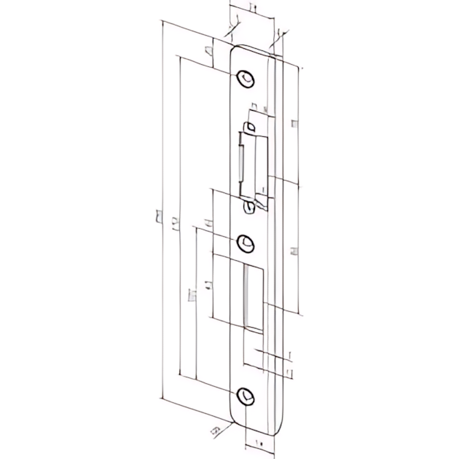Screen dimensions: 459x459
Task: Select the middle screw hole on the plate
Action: click(x=246, y=241)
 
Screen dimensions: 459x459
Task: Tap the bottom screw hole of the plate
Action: click(x=247, y=397)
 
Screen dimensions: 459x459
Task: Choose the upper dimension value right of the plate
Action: click(x=294, y=124)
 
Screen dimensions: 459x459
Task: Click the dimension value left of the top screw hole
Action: click(x=208, y=51)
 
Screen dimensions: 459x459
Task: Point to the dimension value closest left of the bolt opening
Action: click(x=209, y=284)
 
